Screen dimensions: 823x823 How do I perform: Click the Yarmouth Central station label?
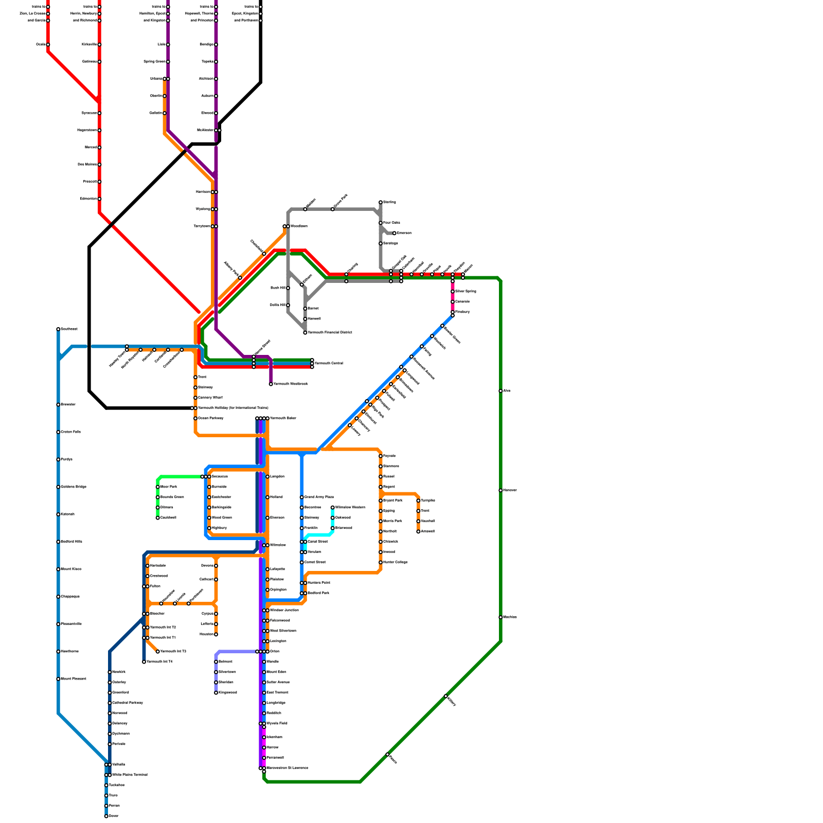click(329, 363)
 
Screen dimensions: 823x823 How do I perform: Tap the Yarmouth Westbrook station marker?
click(271, 384)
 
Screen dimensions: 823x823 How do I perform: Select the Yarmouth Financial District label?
click(330, 332)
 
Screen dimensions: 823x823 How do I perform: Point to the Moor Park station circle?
click(158, 487)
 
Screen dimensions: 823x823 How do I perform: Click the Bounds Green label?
click(172, 497)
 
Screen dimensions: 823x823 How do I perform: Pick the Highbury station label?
click(219, 528)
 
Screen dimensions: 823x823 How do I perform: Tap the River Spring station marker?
click(453, 292)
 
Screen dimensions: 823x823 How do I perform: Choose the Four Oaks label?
click(391, 223)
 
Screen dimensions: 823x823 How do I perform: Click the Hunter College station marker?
click(381, 562)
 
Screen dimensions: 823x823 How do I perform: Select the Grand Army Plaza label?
click(319, 497)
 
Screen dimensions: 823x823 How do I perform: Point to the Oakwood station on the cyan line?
click(333, 517)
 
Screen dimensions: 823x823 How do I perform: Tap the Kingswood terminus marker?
click(216, 692)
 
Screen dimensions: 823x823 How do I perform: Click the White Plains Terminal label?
click(130, 775)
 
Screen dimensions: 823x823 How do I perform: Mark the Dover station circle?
click(106, 816)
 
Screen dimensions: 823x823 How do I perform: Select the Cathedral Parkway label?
click(127, 703)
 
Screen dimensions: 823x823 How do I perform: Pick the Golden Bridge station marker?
click(58, 487)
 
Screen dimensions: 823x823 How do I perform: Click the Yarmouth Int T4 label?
click(159, 661)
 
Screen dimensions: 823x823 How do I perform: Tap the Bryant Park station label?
click(392, 500)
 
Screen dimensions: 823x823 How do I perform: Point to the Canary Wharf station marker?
click(195, 398)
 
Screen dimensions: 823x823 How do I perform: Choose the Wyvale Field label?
click(277, 723)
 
